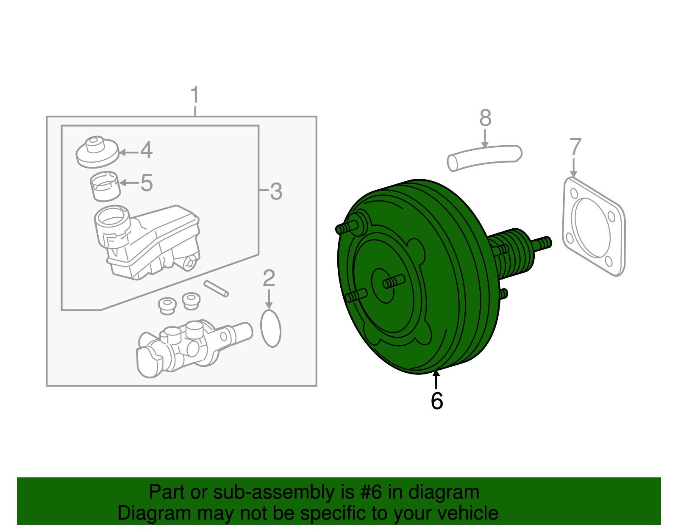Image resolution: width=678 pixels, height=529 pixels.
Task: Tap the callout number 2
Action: (x=269, y=279)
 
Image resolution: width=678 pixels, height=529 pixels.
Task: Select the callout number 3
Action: (x=276, y=191)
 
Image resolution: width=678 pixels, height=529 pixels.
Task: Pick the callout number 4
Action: (x=146, y=150)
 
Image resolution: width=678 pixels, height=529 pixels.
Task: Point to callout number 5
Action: (x=146, y=183)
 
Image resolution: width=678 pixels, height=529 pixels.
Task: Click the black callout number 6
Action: (x=436, y=401)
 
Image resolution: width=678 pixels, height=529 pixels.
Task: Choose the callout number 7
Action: (x=575, y=147)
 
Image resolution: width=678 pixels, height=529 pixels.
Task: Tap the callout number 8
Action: (x=485, y=118)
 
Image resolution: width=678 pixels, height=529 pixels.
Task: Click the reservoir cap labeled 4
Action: (x=97, y=152)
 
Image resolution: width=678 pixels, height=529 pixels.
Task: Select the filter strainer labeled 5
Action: (x=105, y=186)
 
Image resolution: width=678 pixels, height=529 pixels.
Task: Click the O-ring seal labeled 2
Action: (x=271, y=329)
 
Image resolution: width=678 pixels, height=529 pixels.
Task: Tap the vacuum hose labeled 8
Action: (x=485, y=158)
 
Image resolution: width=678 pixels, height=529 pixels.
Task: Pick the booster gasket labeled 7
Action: (x=593, y=227)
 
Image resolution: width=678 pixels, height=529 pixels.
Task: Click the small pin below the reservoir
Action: (x=216, y=288)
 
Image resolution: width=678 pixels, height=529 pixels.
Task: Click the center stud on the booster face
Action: (x=393, y=281)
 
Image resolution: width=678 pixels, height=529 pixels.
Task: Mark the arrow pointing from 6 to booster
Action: (x=436, y=379)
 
